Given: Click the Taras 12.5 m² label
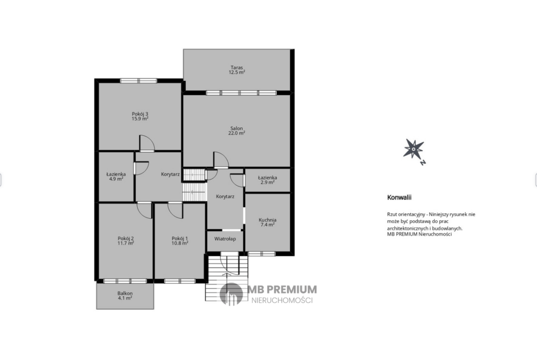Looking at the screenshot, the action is (x=237, y=70).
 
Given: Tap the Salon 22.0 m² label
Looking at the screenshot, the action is (x=237, y=131).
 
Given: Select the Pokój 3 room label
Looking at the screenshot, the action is (x=140, y=114).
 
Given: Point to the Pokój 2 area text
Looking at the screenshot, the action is (x=126, y=244).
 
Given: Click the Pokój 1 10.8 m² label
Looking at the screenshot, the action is (x=180, y=241).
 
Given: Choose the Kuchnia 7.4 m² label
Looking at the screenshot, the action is (x=268, y=222).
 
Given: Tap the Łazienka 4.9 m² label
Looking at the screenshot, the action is (x=116, y=176).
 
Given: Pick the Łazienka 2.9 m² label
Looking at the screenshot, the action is (x=268, y=180).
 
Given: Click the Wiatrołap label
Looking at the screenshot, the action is (x=225, y=239).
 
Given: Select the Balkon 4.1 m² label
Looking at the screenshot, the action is (x=125, y=296).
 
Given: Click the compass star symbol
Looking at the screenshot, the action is (x=414, y=149).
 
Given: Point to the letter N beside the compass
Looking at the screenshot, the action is (x=423, y=162).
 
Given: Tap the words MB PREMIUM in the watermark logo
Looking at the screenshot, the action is (x=282, y=289).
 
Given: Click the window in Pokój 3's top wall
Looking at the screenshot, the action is (x=138, y=81).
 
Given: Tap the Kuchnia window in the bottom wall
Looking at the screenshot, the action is (x=262, y=254).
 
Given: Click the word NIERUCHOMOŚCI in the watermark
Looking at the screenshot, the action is (x=282, y=300).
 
